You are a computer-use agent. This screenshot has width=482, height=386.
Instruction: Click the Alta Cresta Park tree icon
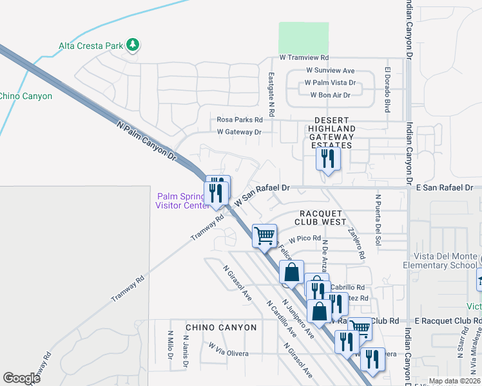pyautogui.click(x=133, y=44)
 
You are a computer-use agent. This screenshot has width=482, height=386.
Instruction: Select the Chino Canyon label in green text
pyautogui.click(x=26, y=96)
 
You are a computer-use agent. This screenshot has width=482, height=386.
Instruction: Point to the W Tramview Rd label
pyautogui.click(x=304, y=58)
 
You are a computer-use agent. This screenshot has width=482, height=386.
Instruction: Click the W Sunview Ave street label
pyautogui.click(x=330, y=70)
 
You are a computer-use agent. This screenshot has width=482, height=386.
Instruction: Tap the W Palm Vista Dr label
pyautogui.click(x=330, y=83)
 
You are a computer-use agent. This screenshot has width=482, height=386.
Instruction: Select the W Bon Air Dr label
pyautogui.click(x=330, y=95)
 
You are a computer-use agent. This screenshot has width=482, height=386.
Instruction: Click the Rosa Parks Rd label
pyautogui.click(x=240, y=120)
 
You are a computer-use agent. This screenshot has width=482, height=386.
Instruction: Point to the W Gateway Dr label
pyautogui.click(x=238, y=132)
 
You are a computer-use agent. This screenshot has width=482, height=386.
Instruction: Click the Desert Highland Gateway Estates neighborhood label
pyautogui.click(x=331, y=133)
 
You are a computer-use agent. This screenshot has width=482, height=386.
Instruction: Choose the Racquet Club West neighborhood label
pyautogui.click(x=321, y=217)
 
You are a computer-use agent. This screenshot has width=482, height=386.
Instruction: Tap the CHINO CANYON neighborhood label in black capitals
pyautogui.click(x=220, y=327)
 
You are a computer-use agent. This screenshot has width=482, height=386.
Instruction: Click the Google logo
pyautogui.click(x=21, y=378)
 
